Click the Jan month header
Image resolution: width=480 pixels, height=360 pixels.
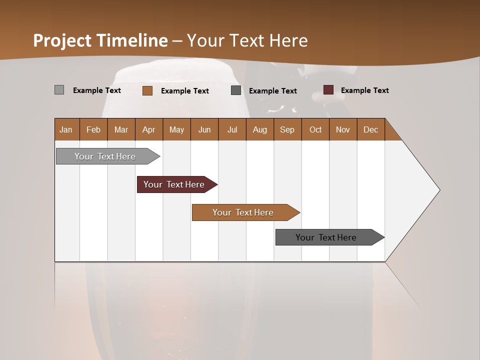pyautogui.click(x=66, y=129)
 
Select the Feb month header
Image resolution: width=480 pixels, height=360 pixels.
pyautogui.click(x=93, y=129)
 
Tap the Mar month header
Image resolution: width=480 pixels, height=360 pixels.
pyautogui.click(x=121, y=129)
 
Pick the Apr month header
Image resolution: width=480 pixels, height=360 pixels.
pyautogui.click(x=149, y=129)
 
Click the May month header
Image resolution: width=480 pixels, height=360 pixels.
pyautogui.click(x=176, y=129)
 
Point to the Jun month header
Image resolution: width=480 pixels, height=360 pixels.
pyautogui.click(x=204, y=129)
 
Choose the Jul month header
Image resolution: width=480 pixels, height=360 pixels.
pyautogui.click(x=232, y=129)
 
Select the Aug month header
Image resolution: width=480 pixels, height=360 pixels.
pyautogui.click(x=260, y=129)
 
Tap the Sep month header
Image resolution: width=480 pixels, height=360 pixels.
pyautogui.click(x=287, y=129)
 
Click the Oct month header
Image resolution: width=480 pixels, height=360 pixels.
pyautogui.click(x=315, y=129)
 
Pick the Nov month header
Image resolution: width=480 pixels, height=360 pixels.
pyautogui.click(x=343, y=129)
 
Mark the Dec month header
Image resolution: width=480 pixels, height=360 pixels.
pyautogui.click(x=371, y=129)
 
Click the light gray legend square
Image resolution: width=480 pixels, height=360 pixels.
pyautogui.click(x=59, y=90)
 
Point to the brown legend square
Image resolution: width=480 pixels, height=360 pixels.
pyautogui.click(x=147, y=90)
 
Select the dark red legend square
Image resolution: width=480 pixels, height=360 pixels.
pyautogui.click(x=328, y=90)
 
